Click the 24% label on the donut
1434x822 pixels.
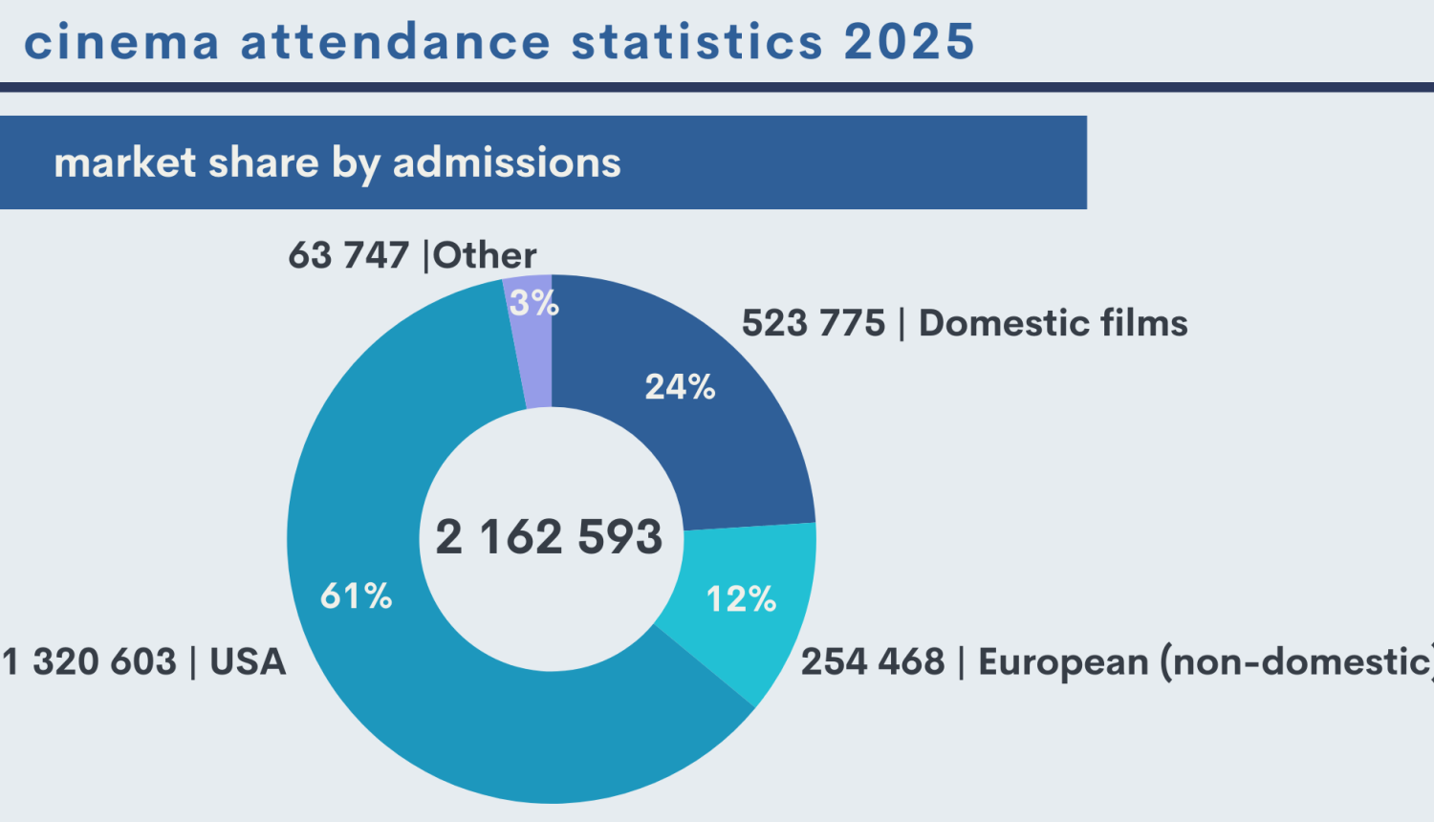680,387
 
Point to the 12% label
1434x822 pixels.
741,599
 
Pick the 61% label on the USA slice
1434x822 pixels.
356,596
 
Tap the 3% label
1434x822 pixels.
533,304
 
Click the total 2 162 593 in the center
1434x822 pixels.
549,537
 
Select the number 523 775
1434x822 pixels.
814,324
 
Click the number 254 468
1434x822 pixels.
872,662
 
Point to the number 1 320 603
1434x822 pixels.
90,662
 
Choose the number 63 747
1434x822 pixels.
349,256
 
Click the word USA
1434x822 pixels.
248,662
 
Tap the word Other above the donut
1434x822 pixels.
486,256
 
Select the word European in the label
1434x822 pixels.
1063,662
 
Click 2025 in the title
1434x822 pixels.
909,43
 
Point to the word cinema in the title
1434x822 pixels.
122,43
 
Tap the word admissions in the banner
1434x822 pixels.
507,162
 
